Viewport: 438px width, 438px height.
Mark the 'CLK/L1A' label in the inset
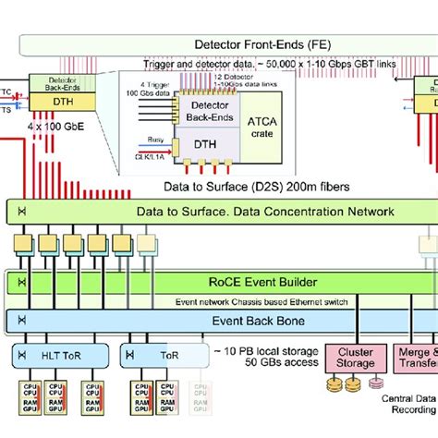pos(133,156)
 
